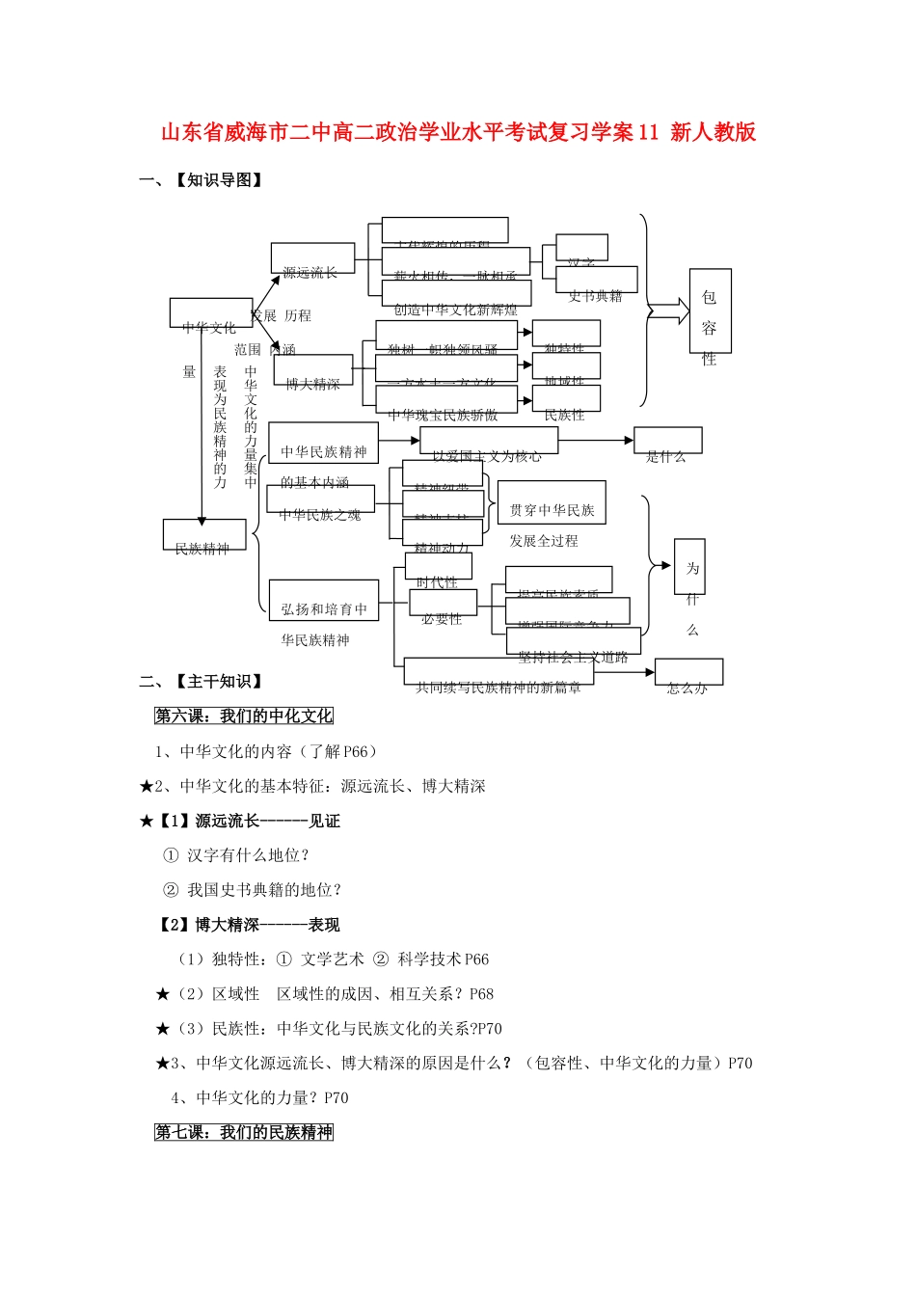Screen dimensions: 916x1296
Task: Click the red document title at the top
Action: click(458, 133)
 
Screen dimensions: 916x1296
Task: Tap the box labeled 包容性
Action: click(710, 312)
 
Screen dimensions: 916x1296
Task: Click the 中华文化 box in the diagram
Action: click(210, 313)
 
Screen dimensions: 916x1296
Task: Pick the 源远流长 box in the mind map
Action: click(312, 257)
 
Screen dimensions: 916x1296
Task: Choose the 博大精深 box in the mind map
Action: click(312, 369)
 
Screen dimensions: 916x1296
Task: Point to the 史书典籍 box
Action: click(596, 280)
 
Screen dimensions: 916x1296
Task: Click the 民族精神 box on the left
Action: click(203, 534)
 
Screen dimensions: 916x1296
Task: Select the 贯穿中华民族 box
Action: click(552, 502)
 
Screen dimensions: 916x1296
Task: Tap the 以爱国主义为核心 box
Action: click(488, 441)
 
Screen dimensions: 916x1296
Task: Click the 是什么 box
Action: click(667, 441)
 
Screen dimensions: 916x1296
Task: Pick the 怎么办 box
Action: click(688, 671)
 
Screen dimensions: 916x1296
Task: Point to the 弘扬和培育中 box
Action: click(324, 601)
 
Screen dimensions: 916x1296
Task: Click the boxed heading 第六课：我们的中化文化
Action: click(244, 715)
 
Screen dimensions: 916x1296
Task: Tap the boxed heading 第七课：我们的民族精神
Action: click(244, 1132)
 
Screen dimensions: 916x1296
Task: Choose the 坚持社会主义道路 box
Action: click(573, 641)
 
